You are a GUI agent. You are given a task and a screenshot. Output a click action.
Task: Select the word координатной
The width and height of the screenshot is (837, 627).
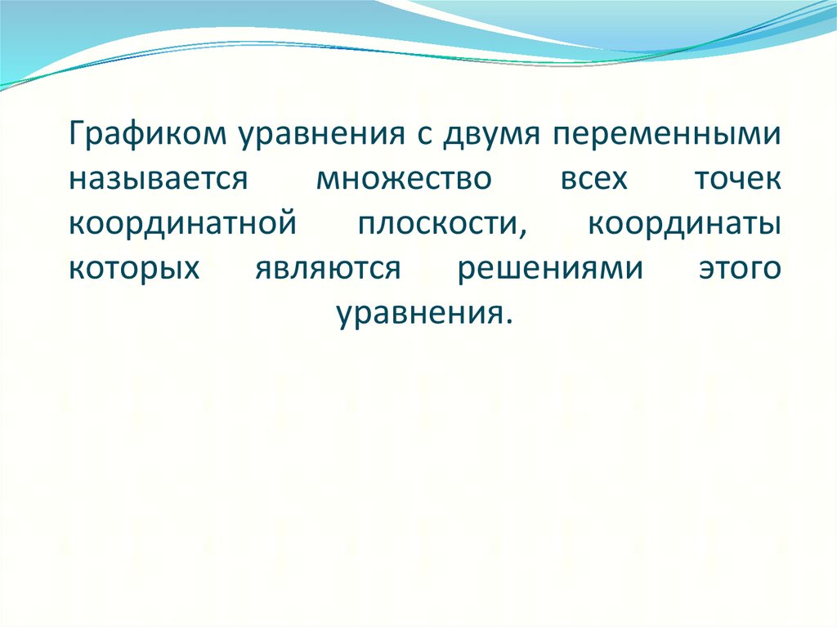point(181,223)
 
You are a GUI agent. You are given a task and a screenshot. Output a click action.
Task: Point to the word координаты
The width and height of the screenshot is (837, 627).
point(683,223)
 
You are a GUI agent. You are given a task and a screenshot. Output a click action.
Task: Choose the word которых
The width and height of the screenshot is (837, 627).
point(134,267)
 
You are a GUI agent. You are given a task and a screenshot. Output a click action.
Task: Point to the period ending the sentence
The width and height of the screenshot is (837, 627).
point(511,319)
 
